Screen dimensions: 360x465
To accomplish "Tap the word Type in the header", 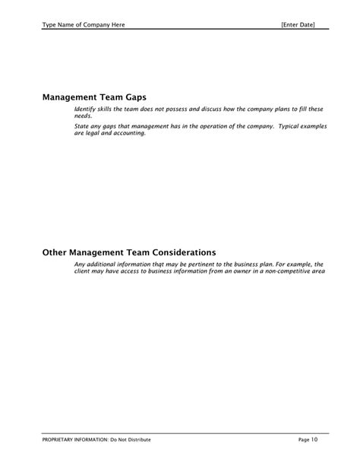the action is (x=50, y=25).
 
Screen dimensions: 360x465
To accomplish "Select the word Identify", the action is (x=87, y=110).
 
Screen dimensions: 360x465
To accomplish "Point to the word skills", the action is (x=111, y=110).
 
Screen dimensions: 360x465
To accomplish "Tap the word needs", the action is (x=83, y=117).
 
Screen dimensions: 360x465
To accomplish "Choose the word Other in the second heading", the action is (x=56, y=251).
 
